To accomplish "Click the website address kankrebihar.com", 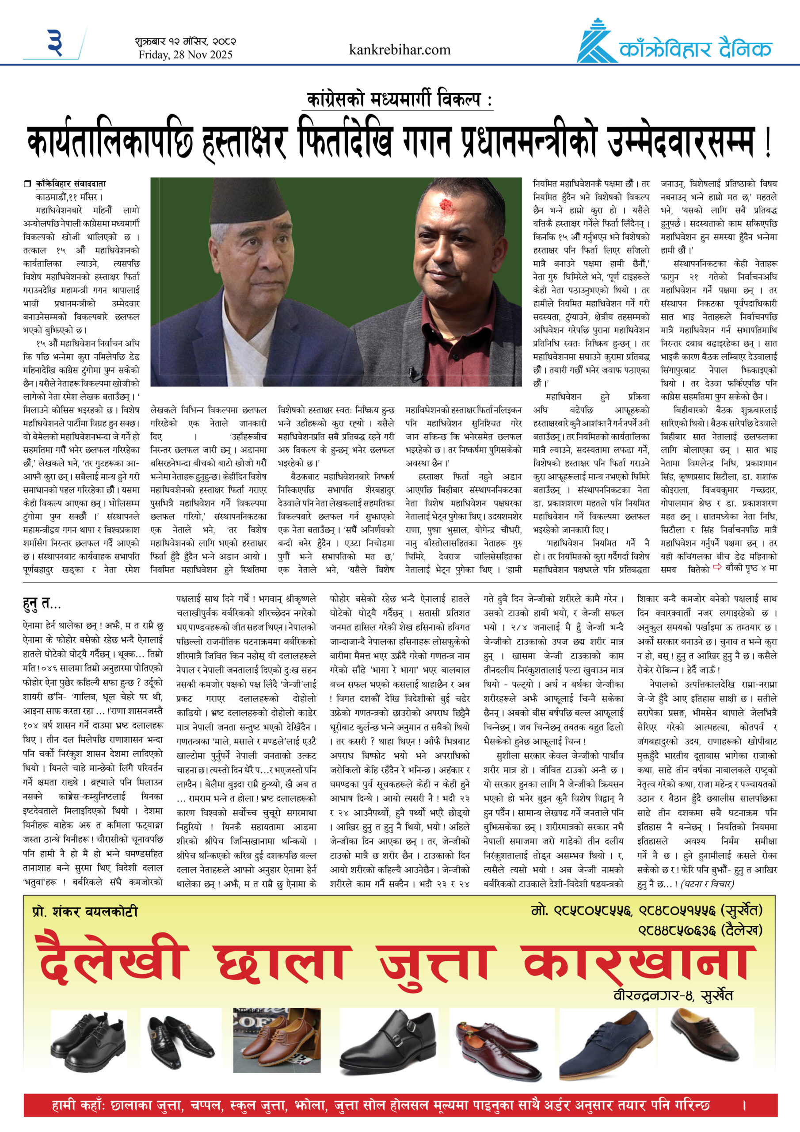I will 399,50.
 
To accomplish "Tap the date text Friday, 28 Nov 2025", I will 185,55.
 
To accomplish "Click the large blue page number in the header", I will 55,42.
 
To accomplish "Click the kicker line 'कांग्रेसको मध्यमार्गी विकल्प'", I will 393,100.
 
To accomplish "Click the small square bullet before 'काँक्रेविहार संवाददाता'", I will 27,184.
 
